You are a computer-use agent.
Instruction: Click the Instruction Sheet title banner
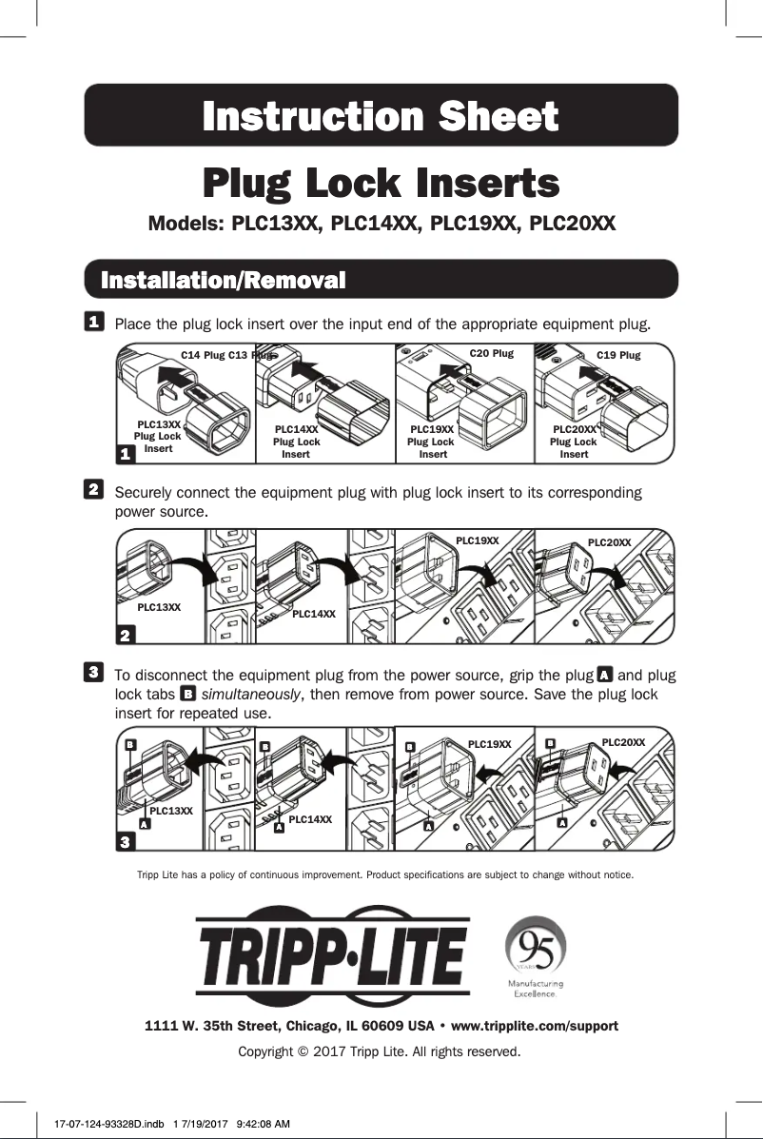[381, 116]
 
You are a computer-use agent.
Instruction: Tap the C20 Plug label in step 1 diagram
[492, 353]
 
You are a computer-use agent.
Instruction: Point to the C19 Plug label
[618, 355]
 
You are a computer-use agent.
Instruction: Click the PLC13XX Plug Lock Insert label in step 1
[158, 436]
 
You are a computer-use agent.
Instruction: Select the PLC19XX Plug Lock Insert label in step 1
[432, 442]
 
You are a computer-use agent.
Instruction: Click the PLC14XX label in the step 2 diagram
[315, 614]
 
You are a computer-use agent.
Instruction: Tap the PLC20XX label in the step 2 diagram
[609, 542]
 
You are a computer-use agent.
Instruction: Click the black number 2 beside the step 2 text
[94, 489]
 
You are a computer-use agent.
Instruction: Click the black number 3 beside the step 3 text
[94, 673]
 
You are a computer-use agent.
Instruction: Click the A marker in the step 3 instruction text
[603, 675]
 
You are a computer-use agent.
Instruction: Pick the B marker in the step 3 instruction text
[188, 695]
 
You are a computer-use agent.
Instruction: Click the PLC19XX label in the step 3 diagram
[490, 744]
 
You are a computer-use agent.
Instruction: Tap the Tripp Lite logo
[332, 953]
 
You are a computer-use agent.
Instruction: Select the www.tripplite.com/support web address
[534, 1026]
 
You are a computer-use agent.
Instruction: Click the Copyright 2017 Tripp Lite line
[381, 1051]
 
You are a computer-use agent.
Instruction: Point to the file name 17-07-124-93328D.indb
[106, 1124]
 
